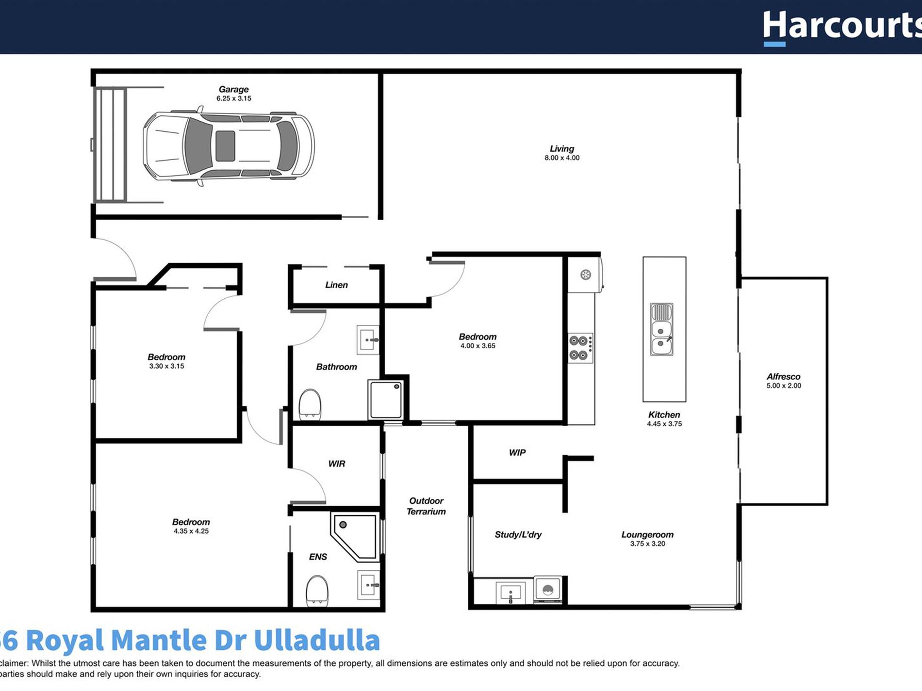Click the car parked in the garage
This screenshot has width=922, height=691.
(x=228, y=146)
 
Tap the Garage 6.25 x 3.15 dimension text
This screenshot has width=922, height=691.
(x=233, y=98)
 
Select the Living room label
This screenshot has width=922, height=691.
(x=561, y=149)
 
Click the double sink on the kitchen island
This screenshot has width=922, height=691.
(x=661, y=329)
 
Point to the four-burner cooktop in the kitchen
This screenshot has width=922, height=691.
(x=580, y=348)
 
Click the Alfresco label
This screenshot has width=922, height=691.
(x=783, y=377)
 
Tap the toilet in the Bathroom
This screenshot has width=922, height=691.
(x=310, y=404)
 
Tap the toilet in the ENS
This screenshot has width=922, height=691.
(x=317, y=590)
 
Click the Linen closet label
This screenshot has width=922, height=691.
(x=336, y=285)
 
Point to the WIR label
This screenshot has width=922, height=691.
(x=336, y=464)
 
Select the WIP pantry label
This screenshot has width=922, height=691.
(x=517, y=453)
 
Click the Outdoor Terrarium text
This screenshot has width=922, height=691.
(x=426, y=506)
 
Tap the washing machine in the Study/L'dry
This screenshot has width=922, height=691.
(x=548, y=590)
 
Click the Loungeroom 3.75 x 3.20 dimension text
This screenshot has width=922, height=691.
(x=647, y=544)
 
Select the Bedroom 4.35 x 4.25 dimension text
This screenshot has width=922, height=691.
(x=191, y=531)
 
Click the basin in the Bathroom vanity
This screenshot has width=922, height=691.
(x=367, y=339)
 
